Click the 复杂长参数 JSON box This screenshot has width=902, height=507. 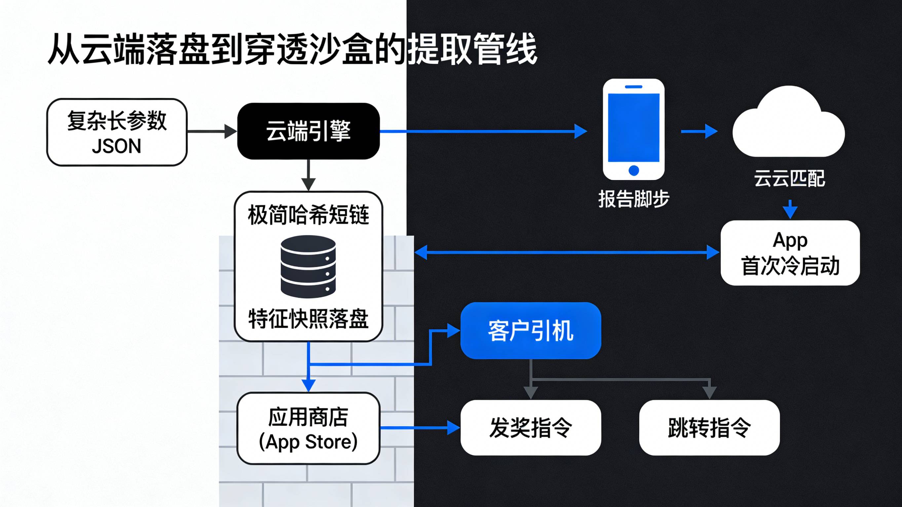pyautogui.click(x=117, y=132)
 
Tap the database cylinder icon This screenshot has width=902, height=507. pyautogui.click(x=308, y=267)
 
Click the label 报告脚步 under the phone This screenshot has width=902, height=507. pyautogui.click(x=633, y=199)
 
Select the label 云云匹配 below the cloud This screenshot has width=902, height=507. pyautogui.click(x=789, y=179)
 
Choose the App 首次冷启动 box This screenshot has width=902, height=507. pyautogui.click(x=790, y=253)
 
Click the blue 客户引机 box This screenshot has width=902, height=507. pyautogui.click(x=531, y=331)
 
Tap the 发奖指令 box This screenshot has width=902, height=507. pyautogui.click(x=531, y=428)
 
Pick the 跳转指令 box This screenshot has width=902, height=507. pyautogui.click(x=709, y=428)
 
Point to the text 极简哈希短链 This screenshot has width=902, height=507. pyautogui.click(x=308, y=215)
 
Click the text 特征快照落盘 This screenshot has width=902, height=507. pyautogui.click(x=308, y=319)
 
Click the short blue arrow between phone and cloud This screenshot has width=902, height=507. pyautogui.click(x=699, y=132)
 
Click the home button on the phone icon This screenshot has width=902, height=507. pyautogui.click(x=634, y=170)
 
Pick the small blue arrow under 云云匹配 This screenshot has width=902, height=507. pyautogui.click(x=790, y=209)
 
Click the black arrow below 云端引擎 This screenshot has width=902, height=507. pyautogui.click(x=308, y=175)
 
